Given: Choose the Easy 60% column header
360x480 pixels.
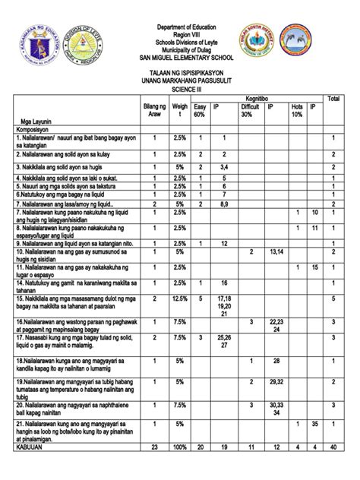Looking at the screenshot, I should click(200, 110).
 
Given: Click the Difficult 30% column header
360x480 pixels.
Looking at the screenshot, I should click(250, 110).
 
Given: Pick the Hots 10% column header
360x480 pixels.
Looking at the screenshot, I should click(297, 110).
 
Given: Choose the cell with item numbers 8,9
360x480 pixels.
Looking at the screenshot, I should click(225, 204).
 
